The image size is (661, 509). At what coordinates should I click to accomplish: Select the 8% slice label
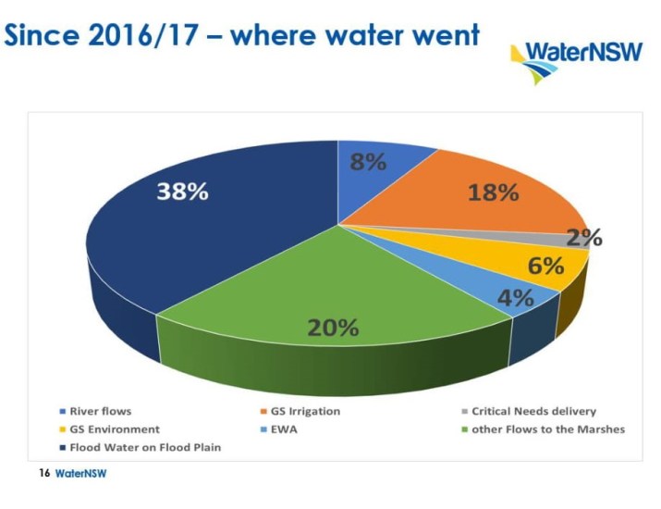367,161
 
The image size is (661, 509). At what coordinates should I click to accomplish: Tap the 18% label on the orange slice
495,192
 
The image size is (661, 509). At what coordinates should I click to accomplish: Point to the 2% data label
584,237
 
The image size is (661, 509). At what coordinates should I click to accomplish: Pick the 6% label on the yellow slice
545,266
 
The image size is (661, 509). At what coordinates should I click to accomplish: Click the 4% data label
516,298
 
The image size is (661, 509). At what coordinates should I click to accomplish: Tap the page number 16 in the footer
43,473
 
